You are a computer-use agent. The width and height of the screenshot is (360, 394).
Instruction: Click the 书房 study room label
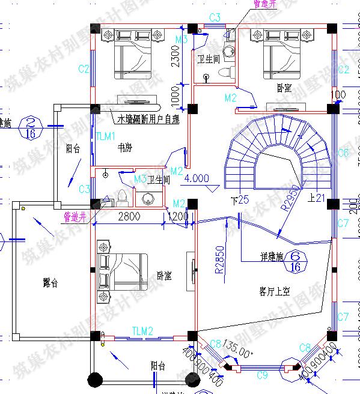(125, 146)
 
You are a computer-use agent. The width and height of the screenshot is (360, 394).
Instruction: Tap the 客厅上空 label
(275, 292)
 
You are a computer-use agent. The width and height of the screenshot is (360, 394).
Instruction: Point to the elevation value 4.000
(197, 178)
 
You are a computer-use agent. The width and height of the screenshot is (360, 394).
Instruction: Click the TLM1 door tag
(106, 137)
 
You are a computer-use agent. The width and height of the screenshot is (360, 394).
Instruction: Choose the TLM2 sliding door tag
(143, 331)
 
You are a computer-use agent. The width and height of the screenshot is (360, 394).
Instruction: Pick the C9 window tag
(262, 375)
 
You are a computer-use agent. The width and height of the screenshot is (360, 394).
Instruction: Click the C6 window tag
(343, 153)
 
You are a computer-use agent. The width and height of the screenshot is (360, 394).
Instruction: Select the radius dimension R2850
(220, 259)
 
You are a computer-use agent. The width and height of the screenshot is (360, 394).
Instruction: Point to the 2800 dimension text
(129, 216)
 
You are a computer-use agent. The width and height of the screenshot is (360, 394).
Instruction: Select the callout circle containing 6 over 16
(295, 259)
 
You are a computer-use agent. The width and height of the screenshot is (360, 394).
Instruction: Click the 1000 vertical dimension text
(175, 95)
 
